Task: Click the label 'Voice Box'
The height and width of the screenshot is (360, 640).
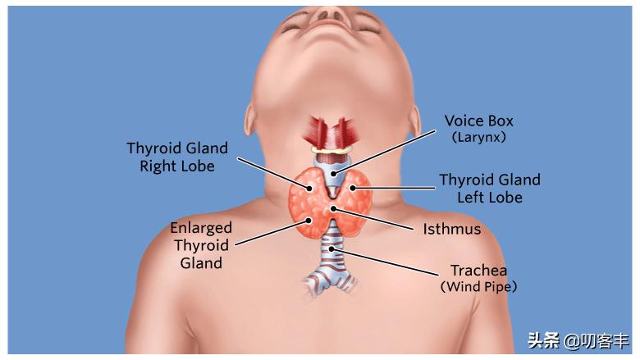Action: pyautogui.click(x=478, y=121)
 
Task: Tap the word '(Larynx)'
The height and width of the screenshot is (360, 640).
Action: pyautogui.click(x=478, y=138)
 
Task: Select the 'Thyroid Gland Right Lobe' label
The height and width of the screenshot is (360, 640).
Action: pyautogui.click(x=176, y=157)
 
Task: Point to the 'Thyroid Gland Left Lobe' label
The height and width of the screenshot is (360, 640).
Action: pyautogui.click(x=489, y=188)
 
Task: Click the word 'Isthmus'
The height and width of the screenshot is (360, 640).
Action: pyautogui.click(x=451, y=229)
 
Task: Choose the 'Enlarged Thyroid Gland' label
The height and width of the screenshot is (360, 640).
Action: pyautogui.click(x=201, y=245)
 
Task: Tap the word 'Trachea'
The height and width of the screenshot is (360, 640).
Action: pyautogui.click(x=478, y=271)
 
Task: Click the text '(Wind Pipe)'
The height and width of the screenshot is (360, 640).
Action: pyautogui.click(x=478, y=287)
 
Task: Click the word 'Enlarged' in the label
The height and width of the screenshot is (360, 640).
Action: pyautogui.click(x=201, y=228)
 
